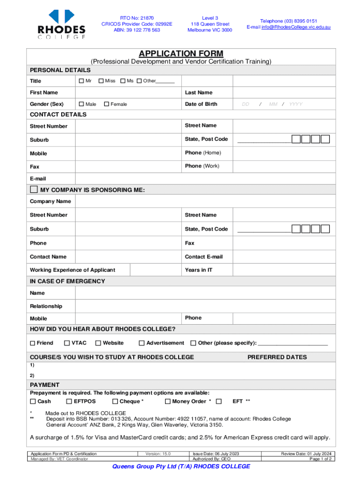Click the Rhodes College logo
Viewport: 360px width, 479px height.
pos(62,24)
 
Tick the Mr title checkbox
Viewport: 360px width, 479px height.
pos(81,81)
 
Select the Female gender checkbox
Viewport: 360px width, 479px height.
pos(107,104)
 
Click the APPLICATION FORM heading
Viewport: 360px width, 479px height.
pos(180,53)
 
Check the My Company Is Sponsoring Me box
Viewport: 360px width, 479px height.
pos(34,189)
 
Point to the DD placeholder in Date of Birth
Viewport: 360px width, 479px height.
pos(245,104)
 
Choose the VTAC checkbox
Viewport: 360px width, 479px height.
pos(67,343)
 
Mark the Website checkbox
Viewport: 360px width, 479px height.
pos(98,343)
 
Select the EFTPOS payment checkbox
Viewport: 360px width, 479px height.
pos(69,401)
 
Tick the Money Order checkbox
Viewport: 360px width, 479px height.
pos(167,401)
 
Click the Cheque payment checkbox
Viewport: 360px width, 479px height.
pos(115,401)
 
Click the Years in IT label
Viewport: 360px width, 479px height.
pos(198,270)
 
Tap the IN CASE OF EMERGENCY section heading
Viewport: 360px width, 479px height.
pos(67,281)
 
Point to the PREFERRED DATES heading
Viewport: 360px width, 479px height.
pos(277,357)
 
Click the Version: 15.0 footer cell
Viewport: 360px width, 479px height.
pos(158,454)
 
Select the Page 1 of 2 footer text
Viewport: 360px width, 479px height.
pos(320,459)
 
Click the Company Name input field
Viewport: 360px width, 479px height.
pos(205,201)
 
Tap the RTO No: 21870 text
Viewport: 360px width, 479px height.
pos(137,18)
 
